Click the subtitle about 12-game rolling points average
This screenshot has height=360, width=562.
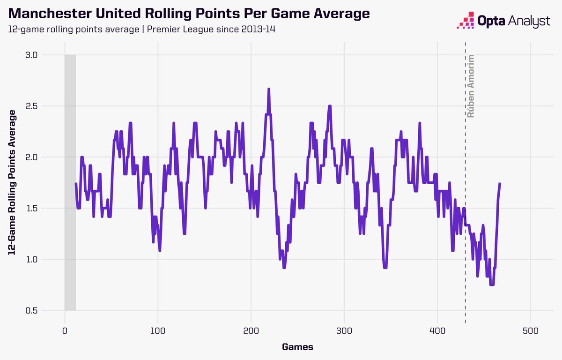[145, 30]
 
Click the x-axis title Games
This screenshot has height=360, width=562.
[297, 347]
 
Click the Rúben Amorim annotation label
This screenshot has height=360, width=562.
[471, 86]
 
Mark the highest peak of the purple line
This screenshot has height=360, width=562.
[269, 89]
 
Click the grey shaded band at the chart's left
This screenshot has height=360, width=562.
[70, 183]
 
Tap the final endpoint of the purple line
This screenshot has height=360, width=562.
[500, 183]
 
